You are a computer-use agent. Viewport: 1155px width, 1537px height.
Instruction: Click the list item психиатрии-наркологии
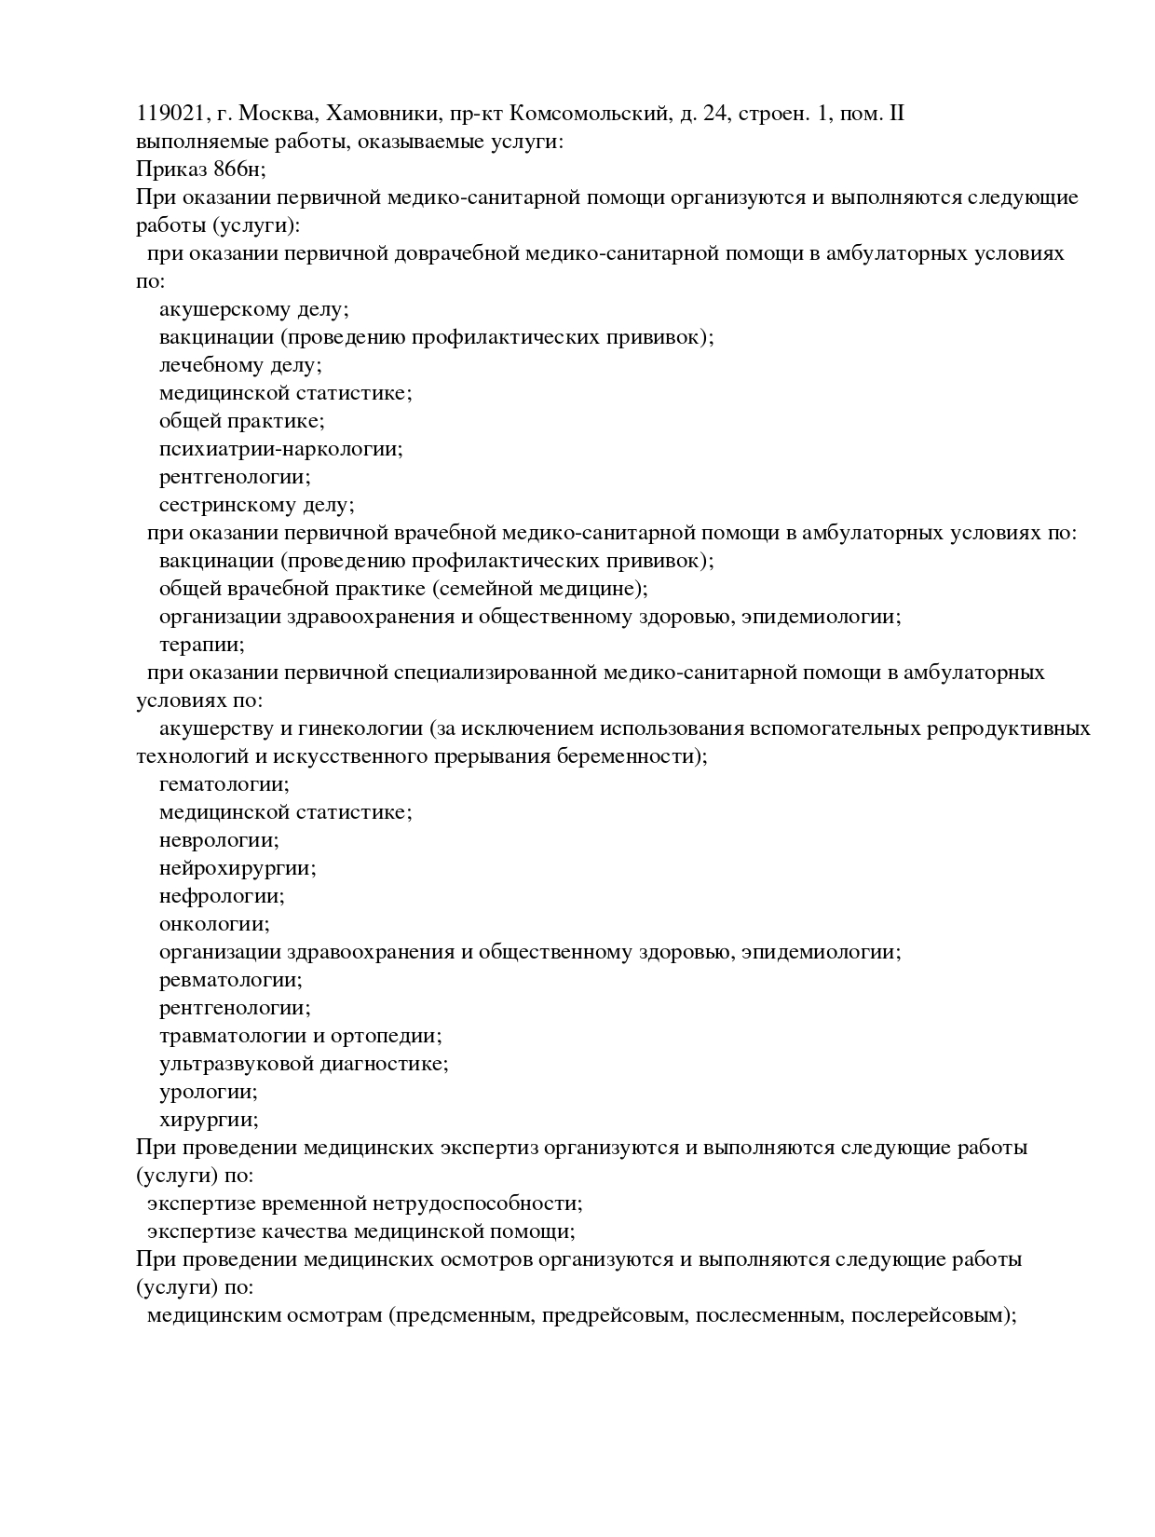[x=280, y=449]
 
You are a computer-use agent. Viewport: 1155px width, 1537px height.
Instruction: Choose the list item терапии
[x=201, y=645]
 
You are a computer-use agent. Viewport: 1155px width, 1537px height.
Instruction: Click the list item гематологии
[x=224, y=784]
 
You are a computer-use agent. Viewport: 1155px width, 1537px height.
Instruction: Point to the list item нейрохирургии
[x=238, y=868]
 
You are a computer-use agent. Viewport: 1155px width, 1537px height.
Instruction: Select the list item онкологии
[x=214, y=924]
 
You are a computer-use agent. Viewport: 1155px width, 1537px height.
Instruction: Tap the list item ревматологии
[x=230, y=980]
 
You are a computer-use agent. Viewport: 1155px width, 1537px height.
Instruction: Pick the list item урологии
[x=209, y=1092]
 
